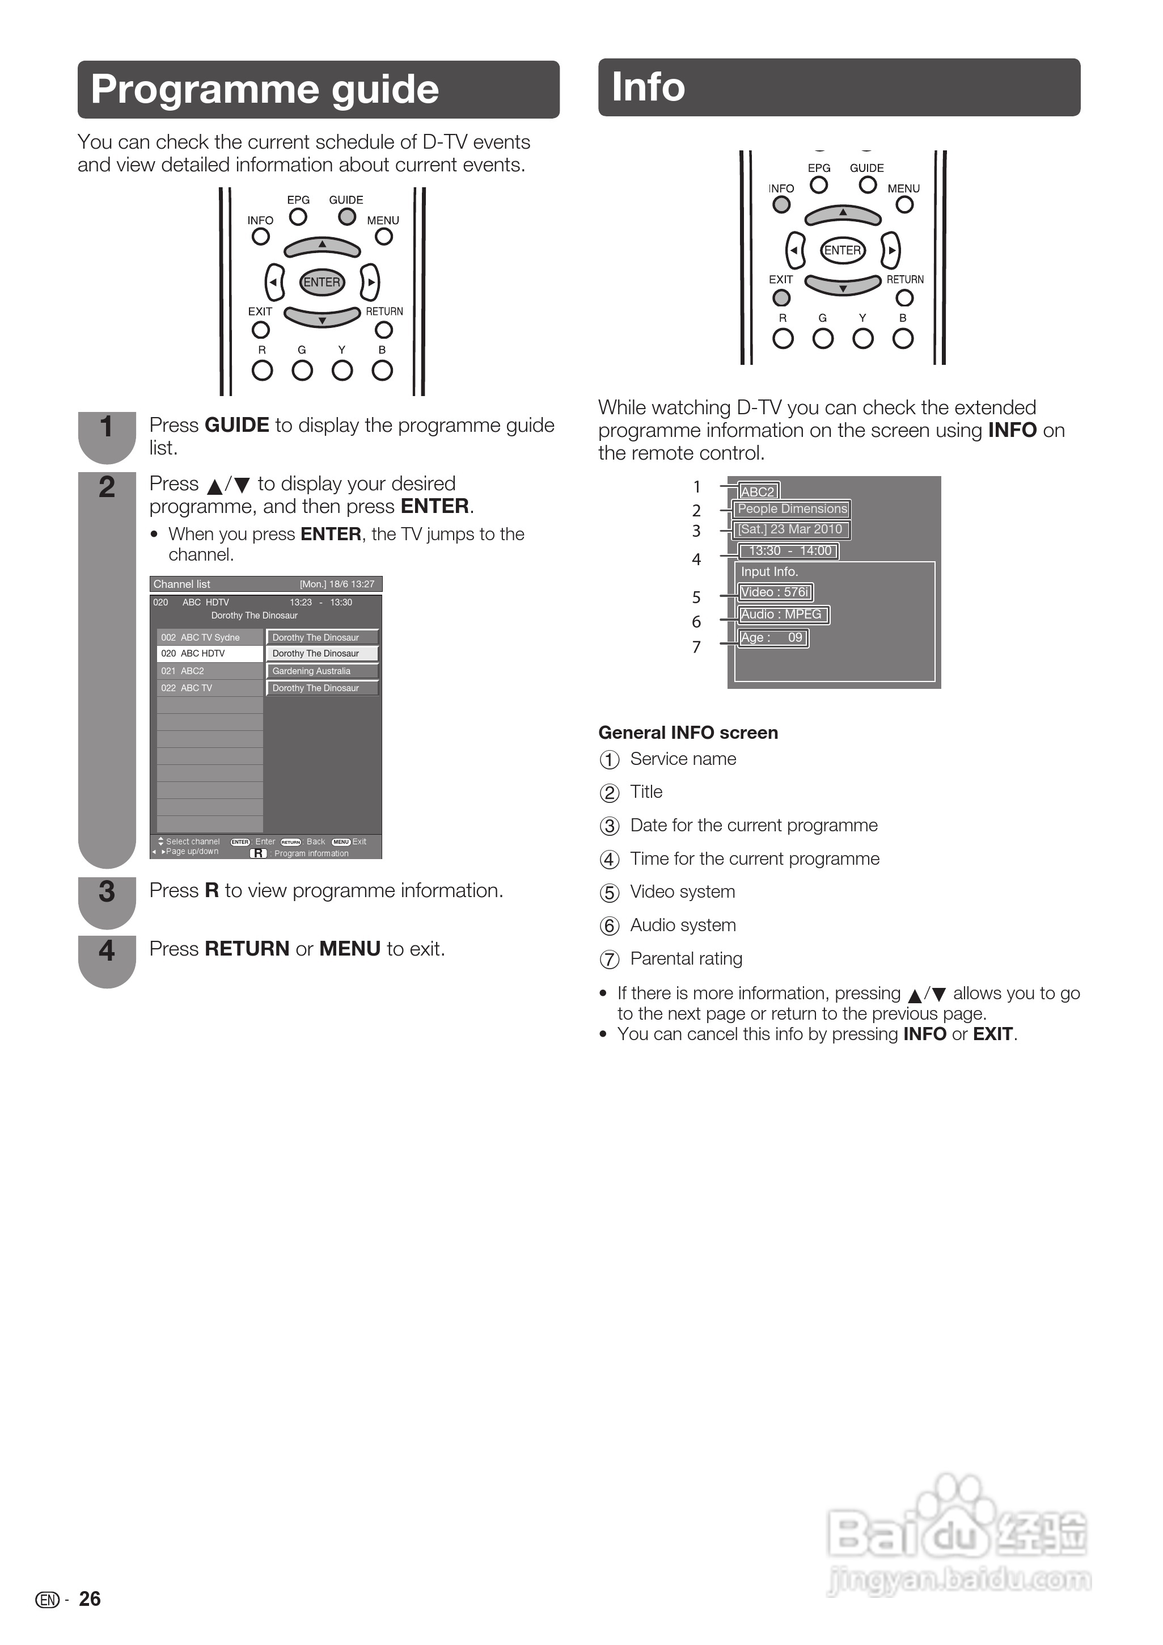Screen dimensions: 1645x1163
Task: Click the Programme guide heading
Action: (265, 90)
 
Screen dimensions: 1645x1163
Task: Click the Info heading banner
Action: (839, 87)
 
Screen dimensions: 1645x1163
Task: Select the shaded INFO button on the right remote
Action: (781, 205)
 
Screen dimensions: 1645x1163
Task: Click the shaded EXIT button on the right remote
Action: (781, 297)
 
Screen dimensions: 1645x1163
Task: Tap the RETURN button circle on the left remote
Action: (384, 330)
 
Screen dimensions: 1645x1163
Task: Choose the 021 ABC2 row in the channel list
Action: (210, 671)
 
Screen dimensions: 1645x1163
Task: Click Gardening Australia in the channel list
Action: (322, 671)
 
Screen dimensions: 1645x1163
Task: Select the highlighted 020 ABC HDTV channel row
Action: (210, 654)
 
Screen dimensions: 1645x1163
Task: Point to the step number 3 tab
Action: (107, 893)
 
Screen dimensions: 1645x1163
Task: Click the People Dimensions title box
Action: (792, 508)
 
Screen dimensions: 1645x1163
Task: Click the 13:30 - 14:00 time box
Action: (788, 551)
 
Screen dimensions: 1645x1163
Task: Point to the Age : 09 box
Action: (773, 638)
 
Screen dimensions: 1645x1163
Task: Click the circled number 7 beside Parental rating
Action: (608, 960)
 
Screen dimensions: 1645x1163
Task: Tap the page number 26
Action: (90, 1598)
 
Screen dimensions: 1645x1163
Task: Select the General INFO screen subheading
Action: (687, 732)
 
